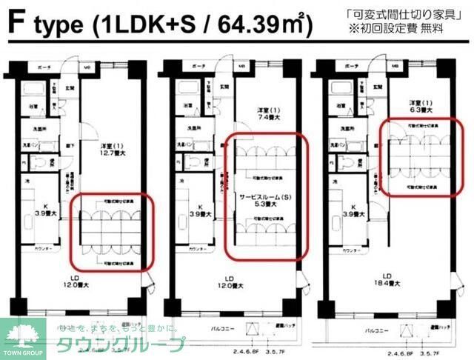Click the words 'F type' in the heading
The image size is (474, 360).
click(47, 24)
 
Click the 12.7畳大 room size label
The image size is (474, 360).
click(114, 153)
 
